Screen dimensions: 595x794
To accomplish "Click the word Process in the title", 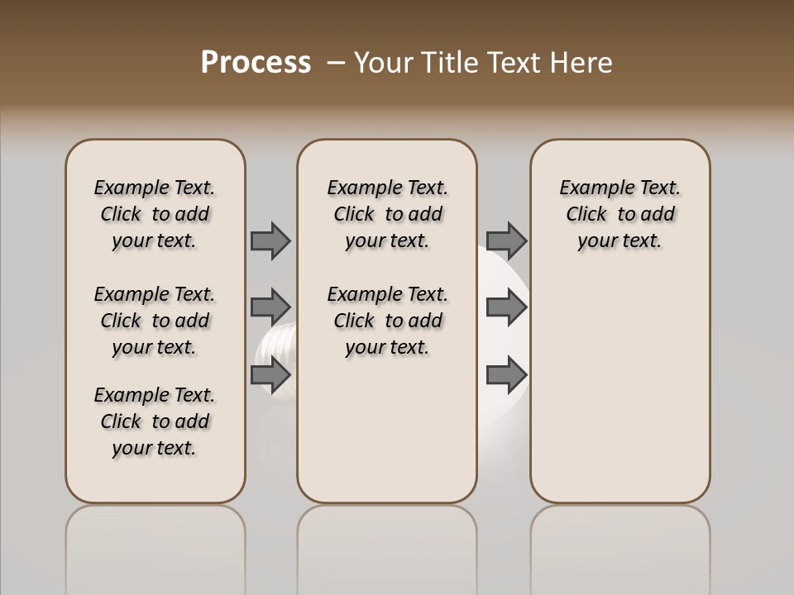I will pyautogui.click(x=256, y=63).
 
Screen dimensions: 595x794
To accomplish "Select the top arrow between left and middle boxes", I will pyautogui.click(x=270, y=240).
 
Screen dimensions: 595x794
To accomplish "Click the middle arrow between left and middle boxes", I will pyautogui.click(x=270, y=307).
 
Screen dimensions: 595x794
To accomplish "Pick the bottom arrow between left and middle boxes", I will pyautogui.click(x=270, y=375).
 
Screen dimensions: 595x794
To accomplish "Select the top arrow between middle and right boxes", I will pyautogui.click(x=506, y=240).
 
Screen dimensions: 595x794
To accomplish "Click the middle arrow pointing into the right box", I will pyautogui.click(x=506, y=307).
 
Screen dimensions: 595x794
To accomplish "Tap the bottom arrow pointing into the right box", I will pyautogui.click(x=506, y=375).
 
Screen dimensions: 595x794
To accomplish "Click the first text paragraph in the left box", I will pyautogui.click(x=155, y=214).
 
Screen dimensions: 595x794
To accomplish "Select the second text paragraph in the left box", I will pyautogui.click(x=155, y=321).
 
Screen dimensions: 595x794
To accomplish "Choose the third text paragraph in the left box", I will pyautogui.click(x=155, y=421).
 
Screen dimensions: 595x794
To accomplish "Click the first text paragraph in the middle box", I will pyautogui.click(x=387, y=214).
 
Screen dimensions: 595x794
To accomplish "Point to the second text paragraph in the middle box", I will pyautogui.click(x=387, y=321).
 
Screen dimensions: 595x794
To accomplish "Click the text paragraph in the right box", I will pyautogui.click(x=619, y=214).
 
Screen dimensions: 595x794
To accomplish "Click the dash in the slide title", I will pyautogui.click(x=336, y=63).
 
